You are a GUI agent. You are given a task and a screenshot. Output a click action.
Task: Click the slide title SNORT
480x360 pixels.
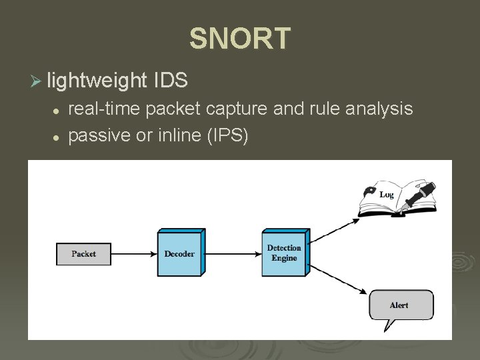pyautogui.click(x=240, y=39)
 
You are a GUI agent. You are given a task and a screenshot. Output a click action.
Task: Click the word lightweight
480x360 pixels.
pyautogui.click(x=97, y=81)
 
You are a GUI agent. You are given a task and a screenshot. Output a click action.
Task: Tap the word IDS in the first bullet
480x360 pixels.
pyautogui.click(x=171, y=81)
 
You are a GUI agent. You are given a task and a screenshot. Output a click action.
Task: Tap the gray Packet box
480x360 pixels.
pyautogui.click(x=84, y=254)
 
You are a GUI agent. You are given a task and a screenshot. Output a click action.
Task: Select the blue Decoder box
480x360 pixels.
pyautogui.click(x=179, y=253)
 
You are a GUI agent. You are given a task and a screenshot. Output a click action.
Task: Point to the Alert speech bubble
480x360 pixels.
pyautogui.click(x=400, y=306)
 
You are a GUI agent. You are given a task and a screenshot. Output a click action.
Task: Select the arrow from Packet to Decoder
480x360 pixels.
pyautogui.click(x=135, y=254)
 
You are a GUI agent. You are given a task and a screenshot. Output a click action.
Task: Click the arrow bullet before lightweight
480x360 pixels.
pyautogui.click(x=36, y=81)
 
